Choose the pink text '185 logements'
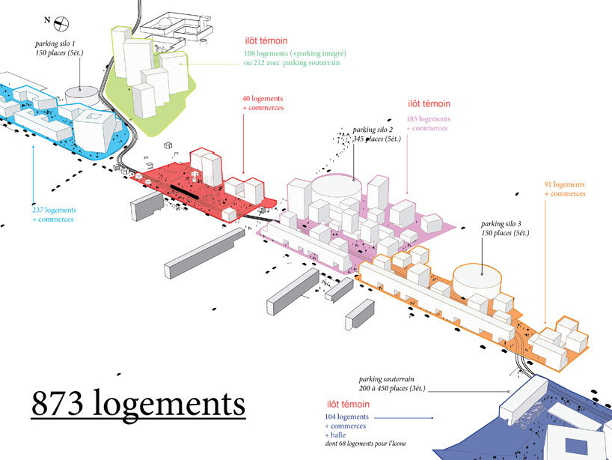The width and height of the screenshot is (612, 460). pyautogui.click(x=429, y=118)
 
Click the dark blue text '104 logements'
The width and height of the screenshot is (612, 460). pyautogui.click(x=346, y=417)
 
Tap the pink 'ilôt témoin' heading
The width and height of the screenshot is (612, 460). pyautogui.click(x=429, y=104)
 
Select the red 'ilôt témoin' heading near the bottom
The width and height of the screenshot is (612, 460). pyautogui.click(x=348, y=403)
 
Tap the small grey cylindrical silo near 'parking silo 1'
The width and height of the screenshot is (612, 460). pyautogui.click(x=82, y=97)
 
